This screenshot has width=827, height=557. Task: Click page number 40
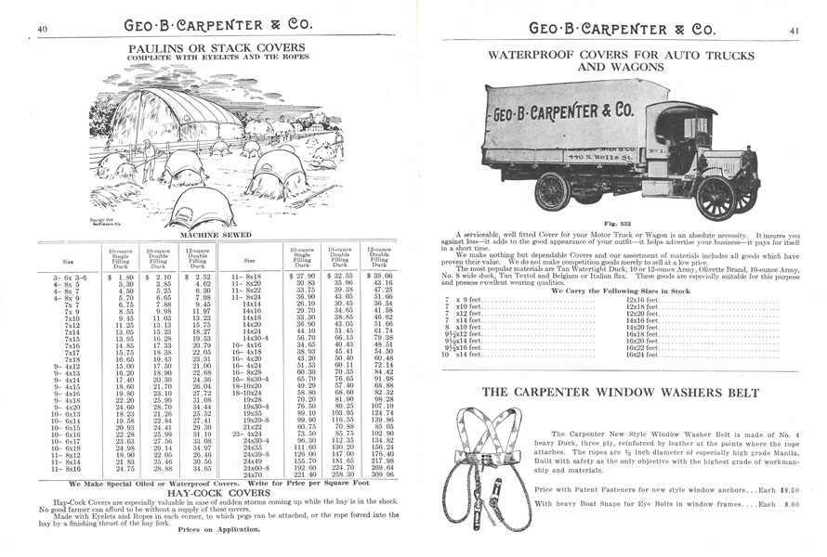coord(42,29)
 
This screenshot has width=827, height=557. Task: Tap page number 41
coord(794,30)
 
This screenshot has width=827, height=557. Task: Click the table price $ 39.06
coord(376,277)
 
